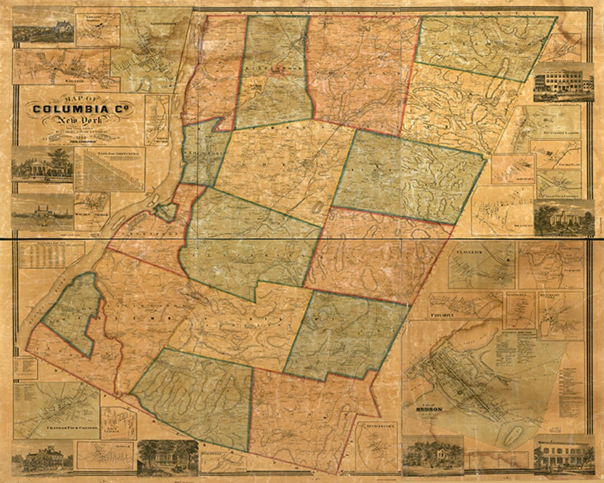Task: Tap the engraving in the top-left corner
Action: (x=43, y=25)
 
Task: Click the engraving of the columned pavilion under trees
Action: (x=42, y=164)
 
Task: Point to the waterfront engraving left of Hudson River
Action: (x=42, y=212)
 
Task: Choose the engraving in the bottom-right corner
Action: (x=563, y=454)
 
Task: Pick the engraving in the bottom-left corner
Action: (x=43, y=456)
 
